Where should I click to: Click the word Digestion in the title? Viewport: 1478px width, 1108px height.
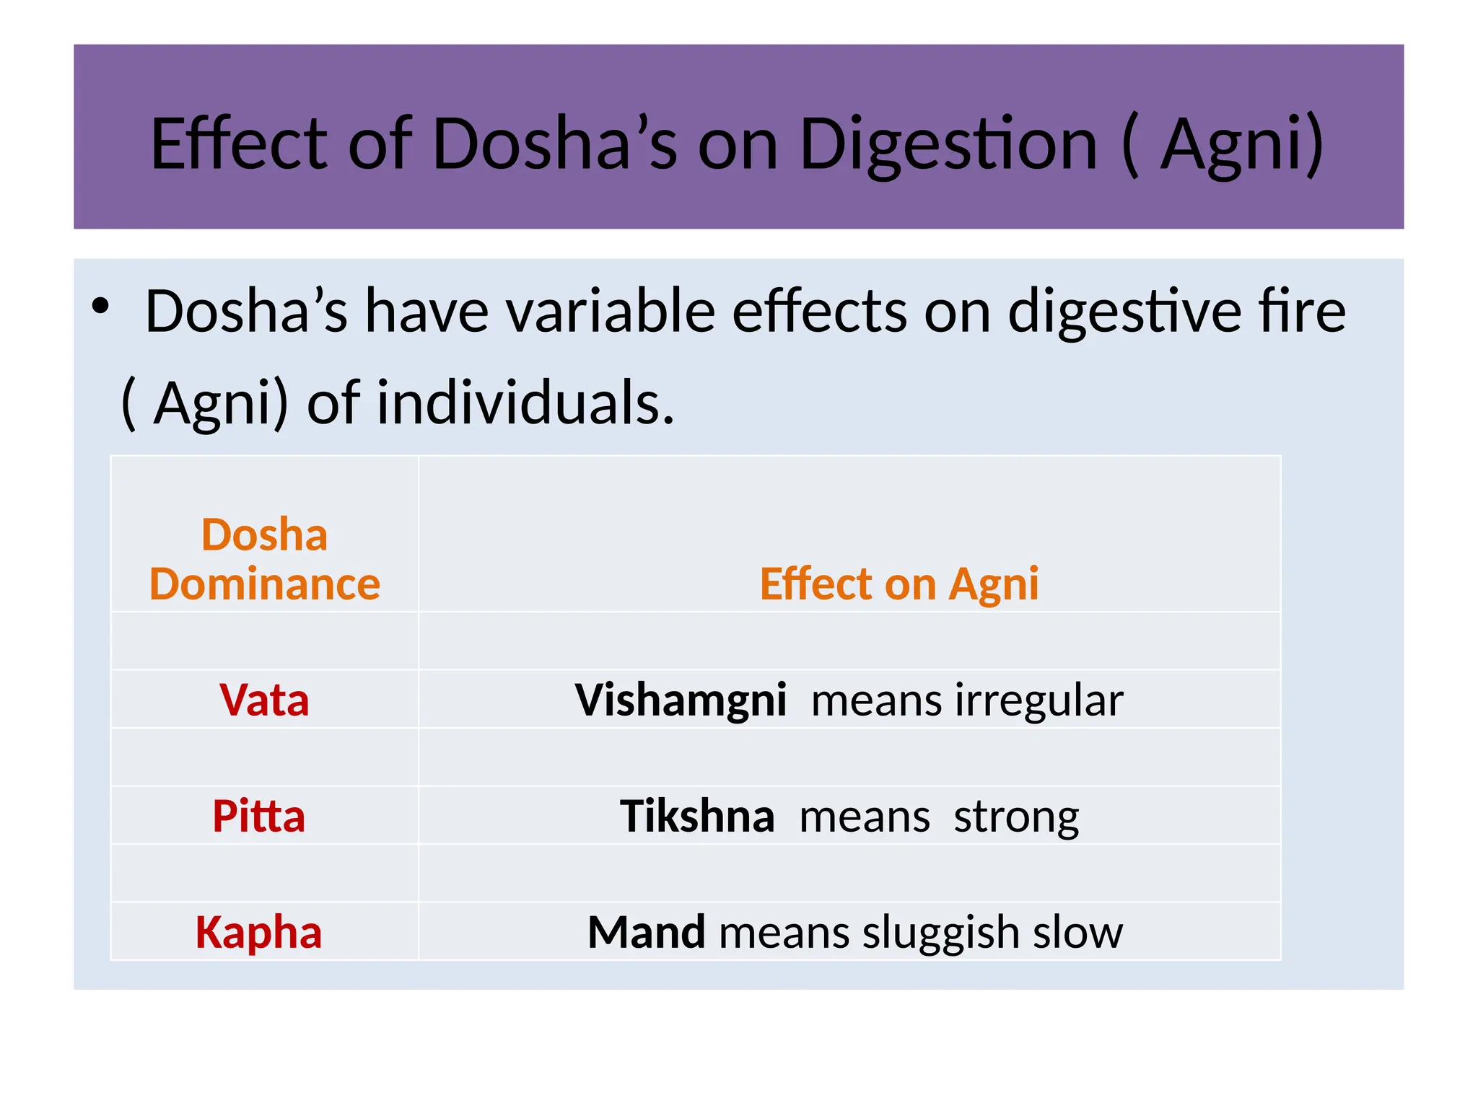coord(948,144)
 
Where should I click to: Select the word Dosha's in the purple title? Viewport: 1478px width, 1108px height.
coord(554,144)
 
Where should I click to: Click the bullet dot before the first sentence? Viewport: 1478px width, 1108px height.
coord(100,307)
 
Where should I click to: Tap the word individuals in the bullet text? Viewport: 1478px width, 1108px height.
coord(525,403)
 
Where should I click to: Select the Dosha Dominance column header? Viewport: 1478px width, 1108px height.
coord(264,559)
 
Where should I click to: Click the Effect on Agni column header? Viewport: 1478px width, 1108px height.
coord(899,583)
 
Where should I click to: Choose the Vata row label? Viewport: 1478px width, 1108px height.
coord(264,700)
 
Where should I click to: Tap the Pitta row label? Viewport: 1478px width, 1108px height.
coord(258,816)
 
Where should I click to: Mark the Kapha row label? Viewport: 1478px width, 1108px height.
coord(258,932)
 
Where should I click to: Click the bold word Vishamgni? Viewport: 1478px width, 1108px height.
coord(680,700)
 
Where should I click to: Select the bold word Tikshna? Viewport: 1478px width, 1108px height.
coord(696,816)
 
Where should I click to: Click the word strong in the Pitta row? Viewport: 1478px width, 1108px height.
coord(1016,816)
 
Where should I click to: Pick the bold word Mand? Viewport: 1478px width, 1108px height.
coord(646,932)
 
